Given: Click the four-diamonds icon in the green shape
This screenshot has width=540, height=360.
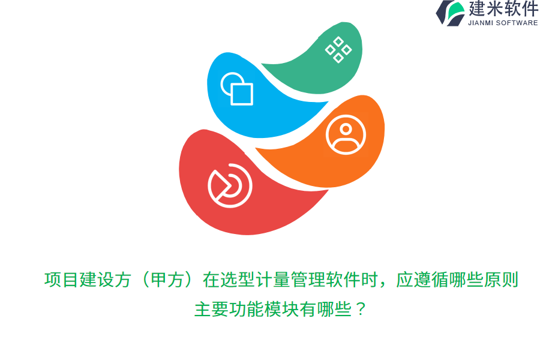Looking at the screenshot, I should (x=338, y=49).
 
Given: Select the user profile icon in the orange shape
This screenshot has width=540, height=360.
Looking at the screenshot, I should (x=346, y=135).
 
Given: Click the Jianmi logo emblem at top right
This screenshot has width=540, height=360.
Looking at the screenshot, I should (x=450, y=13).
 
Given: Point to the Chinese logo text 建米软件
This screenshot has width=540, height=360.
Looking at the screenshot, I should (x=503, y=9).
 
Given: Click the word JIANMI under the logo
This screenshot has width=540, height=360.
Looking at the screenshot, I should (x=481, y=23).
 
